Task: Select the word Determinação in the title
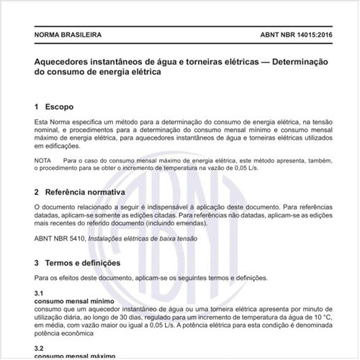click(292, 61)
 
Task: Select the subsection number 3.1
click(40, 294)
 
